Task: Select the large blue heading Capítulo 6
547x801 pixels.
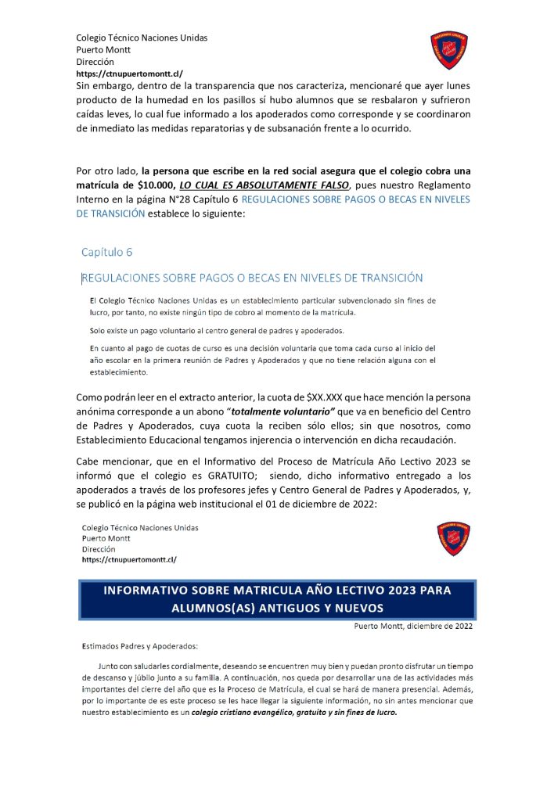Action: [x=107, y=252]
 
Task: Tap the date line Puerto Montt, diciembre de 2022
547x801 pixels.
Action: [x=412, y=626]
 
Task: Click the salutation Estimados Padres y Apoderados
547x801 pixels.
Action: [x=140, y=646]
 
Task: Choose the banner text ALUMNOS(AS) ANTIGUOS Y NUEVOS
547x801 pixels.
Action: [x=278, y=608]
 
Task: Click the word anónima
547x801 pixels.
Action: [x=97, y=411]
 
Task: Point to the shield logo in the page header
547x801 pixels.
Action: [x=450, y=49]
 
